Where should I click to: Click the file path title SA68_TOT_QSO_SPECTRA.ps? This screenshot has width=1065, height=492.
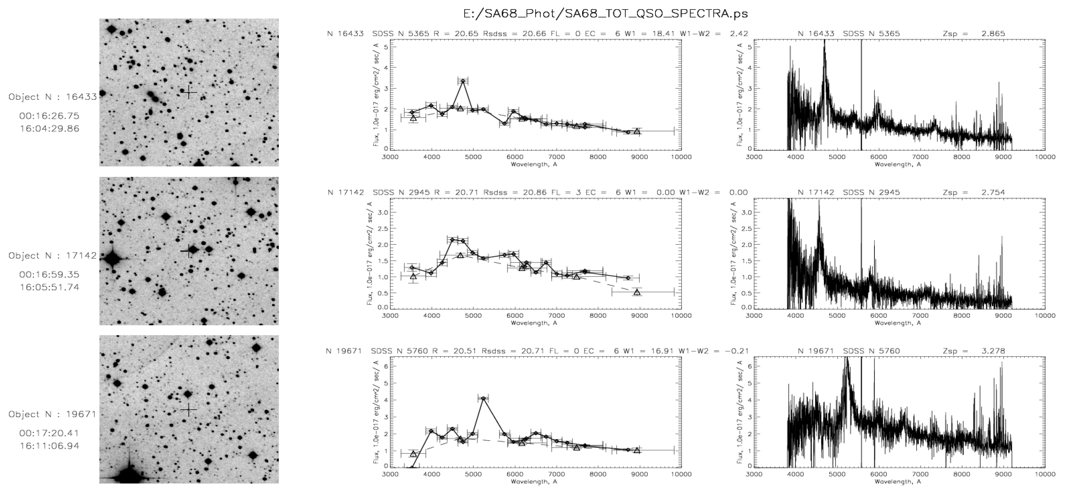coord(606,13)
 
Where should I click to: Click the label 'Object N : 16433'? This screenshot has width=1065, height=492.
coord(53,97)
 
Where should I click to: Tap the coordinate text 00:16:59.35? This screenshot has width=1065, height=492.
coord(49,274)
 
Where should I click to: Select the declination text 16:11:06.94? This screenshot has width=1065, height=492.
coord(49,446)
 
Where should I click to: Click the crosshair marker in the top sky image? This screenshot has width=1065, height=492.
coord(189,92)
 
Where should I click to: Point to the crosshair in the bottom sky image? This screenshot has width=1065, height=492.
coord(189,409)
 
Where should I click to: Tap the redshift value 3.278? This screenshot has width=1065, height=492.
coord(993,351)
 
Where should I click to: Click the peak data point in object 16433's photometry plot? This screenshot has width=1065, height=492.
coord(463,81)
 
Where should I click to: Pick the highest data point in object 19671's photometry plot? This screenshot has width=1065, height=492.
coord(483,398)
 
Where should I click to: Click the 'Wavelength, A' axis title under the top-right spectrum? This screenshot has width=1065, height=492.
coord(898,164)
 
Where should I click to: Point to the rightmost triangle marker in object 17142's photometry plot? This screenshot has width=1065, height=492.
coord(637,292)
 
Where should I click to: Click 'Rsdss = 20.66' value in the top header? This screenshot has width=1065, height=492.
coord(514,33)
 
